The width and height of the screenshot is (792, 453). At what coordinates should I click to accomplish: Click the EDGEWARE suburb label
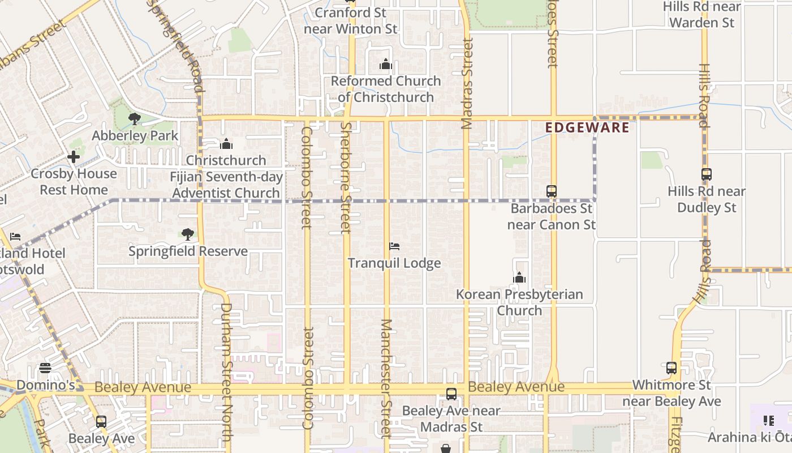point(587,128)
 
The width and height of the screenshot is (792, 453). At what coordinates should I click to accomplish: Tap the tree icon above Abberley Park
point(134,118)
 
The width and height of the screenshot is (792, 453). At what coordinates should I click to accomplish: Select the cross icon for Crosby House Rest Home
point(74,157)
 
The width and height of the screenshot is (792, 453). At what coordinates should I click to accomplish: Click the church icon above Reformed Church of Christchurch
point(386,64)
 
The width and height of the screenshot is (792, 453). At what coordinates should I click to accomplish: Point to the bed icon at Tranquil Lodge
point(394,246)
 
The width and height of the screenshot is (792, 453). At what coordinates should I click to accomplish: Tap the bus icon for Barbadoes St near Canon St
point(552,191)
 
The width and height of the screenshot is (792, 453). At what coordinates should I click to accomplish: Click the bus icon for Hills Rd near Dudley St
point(706,174)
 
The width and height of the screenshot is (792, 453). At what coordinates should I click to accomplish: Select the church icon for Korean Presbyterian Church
point(519,277)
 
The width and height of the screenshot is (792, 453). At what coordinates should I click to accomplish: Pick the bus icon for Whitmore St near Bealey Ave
point(672,368)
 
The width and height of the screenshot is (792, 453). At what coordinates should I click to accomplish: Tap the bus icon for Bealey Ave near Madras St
point(451,394)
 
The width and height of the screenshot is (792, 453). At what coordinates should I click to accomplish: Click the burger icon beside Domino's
point(45,369)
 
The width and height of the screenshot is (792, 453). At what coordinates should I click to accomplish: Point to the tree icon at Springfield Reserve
point(187,234)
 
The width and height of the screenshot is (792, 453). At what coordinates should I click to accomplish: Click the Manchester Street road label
point(386,378)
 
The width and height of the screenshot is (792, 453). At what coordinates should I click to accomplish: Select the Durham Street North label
point(226,372)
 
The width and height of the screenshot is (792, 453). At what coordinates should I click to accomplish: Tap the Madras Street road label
point(467,83)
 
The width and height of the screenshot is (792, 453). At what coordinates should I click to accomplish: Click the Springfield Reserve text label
point(188,251)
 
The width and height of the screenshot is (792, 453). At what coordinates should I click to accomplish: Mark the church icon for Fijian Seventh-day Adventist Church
point(226,144)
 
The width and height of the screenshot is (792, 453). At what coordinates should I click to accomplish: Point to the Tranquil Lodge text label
point(394,263)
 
